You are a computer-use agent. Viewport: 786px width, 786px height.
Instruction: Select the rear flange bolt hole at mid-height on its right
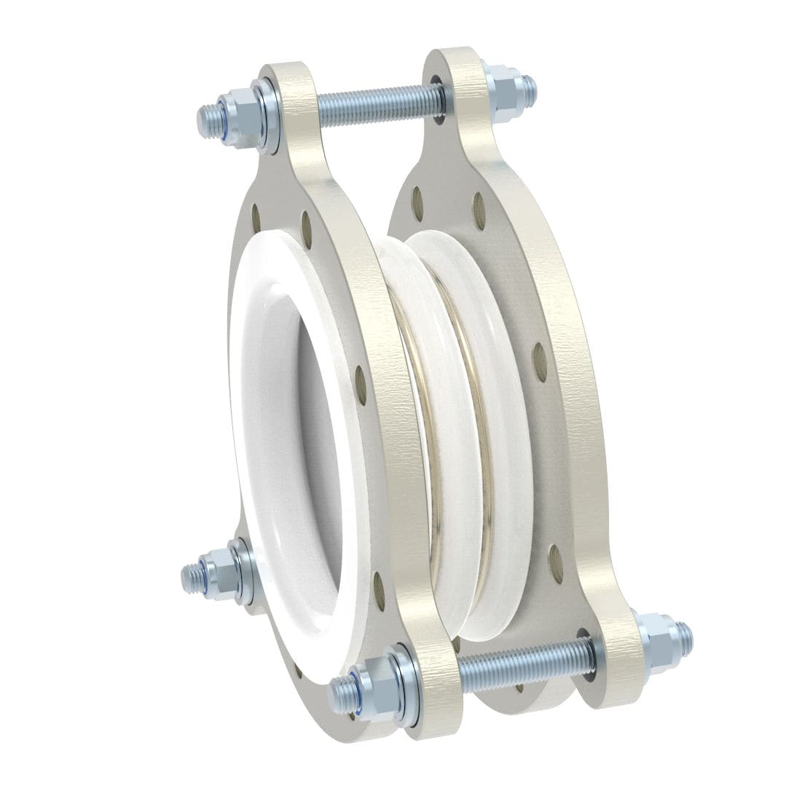click(540, 362)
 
